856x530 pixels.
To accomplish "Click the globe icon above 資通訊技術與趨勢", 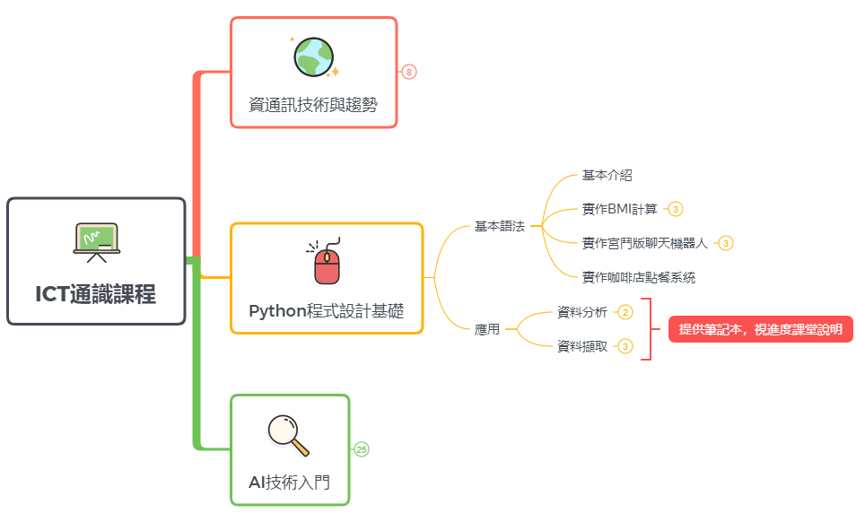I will [x=314, y=56].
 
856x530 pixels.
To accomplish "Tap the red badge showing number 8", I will [x=409, y=72].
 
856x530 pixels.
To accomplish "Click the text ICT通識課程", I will [x=96, y=294].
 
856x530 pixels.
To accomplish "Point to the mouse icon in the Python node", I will [x=326, y=262].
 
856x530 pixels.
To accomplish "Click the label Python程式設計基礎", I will [x=326, y=312].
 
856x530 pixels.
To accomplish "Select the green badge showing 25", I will [x=362, y=449].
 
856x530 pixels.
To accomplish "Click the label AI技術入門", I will [x=289, y=482].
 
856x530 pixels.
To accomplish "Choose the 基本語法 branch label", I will [x=499, y=227].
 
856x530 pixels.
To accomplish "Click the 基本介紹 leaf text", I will [x=607, y=176].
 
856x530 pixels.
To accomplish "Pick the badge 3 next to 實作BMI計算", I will [x=676, y=209].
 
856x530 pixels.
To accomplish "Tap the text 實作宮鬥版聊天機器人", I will [x=645, y=243].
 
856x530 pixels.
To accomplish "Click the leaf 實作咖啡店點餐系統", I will [x=638, y=277].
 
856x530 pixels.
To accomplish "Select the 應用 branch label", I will [x=487, y=329].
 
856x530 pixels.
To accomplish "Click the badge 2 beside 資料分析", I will [x=625, y=312].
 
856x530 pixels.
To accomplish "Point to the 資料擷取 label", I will [x=582, y=346].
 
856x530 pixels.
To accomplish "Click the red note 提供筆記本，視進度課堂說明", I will [x=760, y=329].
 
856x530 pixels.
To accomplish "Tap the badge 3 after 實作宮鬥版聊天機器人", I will [x=726, y=243].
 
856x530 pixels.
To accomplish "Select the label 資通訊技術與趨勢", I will [x=313, y=105].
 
